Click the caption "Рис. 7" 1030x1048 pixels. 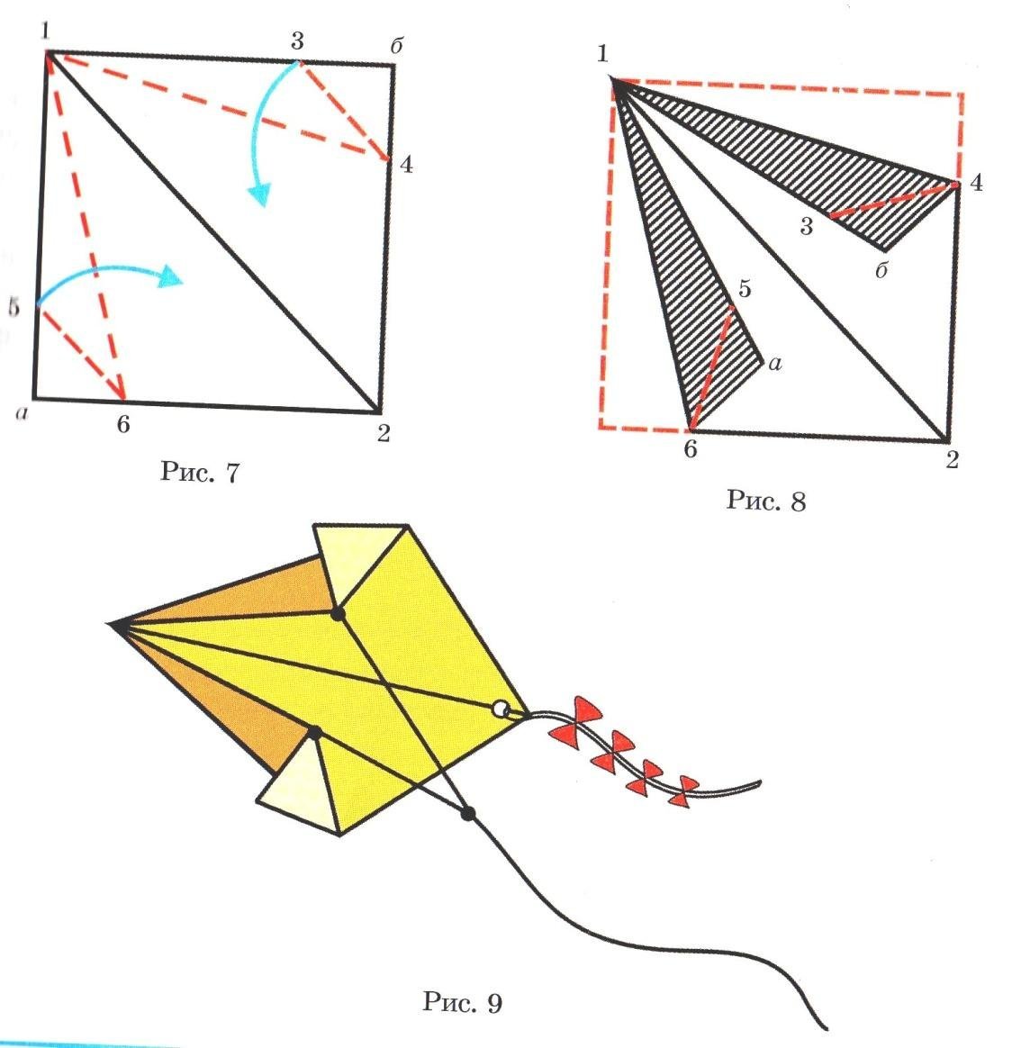point(199,472)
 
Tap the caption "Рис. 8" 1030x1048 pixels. point(766,500)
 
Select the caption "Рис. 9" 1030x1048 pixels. point(463,1001)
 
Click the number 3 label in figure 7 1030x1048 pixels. point(297,41)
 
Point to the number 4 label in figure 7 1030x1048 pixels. point(406,164)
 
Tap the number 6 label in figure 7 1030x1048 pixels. point(123,424)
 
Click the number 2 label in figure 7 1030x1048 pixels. point(383,433)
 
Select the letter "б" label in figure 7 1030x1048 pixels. point(395,45)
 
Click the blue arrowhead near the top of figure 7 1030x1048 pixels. point(259,194)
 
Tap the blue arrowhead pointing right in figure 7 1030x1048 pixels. point(170,276)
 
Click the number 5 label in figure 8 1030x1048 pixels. point(744,289)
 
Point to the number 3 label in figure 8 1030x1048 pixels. point(806,227)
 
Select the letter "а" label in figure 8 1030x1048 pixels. point(774,364)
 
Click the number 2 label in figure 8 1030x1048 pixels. point(952,459)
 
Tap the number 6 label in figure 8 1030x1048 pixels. point(691,449)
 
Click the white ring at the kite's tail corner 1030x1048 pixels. point(500,709)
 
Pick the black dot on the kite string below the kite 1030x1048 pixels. point(468,813)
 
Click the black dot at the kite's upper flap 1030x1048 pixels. point(338,613)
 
